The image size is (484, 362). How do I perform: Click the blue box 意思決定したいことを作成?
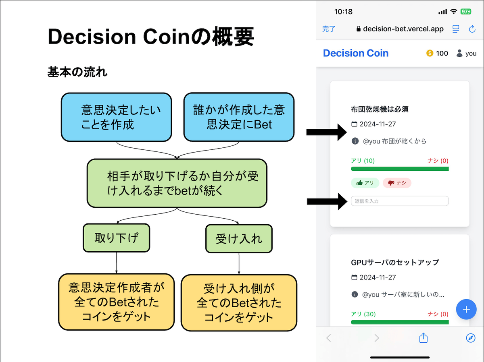(x=117, y=117)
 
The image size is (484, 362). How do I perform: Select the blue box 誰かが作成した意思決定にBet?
(x=239, y=117)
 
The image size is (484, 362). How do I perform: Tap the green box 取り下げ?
(x=117, y=238)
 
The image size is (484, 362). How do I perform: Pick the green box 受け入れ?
(x=239, y=238)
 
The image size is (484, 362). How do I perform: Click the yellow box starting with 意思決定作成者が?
(x=117, y=302)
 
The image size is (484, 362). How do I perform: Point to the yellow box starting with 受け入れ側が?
(x=239, y=303)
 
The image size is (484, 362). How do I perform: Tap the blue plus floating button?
(x=466, y=309)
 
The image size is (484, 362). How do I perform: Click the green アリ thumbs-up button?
(x=365, y=183)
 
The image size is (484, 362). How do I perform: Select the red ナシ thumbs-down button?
(x=397, y=183)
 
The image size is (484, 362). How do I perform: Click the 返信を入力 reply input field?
(x=400, y=201)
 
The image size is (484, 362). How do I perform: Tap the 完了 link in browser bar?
(x=329, y=29)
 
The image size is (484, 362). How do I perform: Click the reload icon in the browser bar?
(x=472, y=29)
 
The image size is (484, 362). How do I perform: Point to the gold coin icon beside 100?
(x=430, y=53)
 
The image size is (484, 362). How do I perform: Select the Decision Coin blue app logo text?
(x=356, y=53)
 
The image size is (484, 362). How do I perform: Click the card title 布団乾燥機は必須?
(x=380, y=109)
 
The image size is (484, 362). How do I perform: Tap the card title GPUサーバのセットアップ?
(x=395, y=262)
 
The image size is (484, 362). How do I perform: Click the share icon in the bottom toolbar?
(x=423, y=337)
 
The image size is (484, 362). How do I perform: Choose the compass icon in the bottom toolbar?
(x=471, y=338)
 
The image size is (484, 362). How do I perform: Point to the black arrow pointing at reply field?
(x=327, y=201)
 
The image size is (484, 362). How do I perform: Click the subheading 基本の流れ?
(x=77, y=72)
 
